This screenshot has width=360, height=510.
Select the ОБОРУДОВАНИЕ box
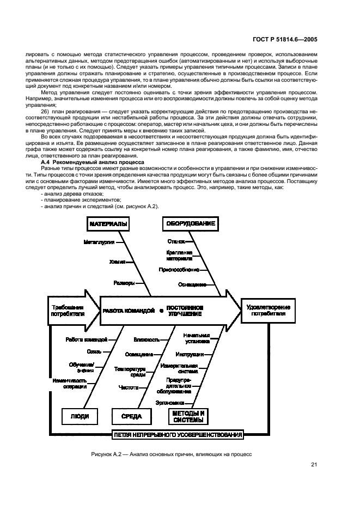tap(191, 224)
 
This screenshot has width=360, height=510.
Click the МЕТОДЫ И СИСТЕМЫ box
tap(188, 417)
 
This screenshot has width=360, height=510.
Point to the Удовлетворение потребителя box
tap(269, 311)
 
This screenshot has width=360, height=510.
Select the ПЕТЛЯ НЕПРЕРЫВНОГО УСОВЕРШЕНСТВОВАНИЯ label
tap(178, 435)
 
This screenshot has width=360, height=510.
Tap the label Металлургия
tap(99, 241)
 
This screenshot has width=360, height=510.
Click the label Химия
tap(117, 262)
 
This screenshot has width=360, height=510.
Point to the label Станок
tap(176, 241)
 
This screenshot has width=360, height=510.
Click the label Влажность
tap(146, 339)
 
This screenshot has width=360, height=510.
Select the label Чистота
tap(129, 387)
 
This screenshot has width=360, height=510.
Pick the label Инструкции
tap(190, 355)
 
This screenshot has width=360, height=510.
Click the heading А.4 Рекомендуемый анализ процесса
tap(93, 162)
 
